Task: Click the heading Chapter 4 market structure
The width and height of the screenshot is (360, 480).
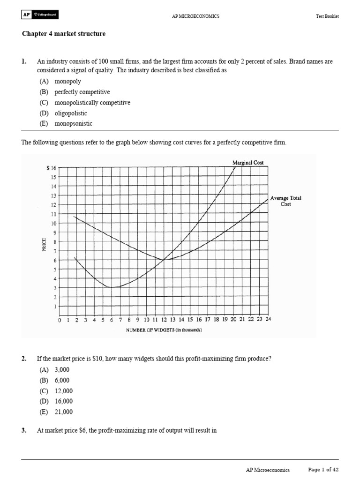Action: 63,34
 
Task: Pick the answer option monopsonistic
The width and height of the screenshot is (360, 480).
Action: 73,124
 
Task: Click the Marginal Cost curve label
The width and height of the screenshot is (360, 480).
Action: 248,163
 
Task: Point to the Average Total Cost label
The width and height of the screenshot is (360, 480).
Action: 285,201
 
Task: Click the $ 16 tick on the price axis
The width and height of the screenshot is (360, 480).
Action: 51,168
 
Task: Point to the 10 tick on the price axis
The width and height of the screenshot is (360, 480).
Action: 53,223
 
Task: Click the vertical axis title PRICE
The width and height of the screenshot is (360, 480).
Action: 44,246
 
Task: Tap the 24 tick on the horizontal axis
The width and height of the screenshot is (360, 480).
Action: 268,320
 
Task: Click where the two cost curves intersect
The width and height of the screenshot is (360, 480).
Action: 163,260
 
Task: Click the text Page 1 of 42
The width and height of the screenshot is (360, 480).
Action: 323,470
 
